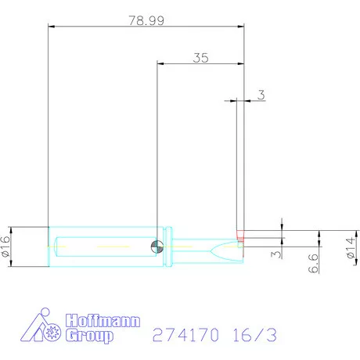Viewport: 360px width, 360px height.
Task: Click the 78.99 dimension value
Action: point(146,20)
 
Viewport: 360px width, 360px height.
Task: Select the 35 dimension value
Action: point(201,58)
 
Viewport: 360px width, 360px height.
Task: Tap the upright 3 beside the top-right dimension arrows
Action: point(261,95)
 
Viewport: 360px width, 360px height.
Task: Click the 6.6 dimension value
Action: point(313,263)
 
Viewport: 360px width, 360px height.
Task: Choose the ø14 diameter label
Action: point(351,248)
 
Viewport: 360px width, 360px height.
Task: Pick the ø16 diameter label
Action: point(5,247)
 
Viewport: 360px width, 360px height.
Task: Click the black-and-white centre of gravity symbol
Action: point(157,247)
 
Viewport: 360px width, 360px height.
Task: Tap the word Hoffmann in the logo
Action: point(103,321)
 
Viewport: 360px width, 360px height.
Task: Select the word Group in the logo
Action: point(89,336)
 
